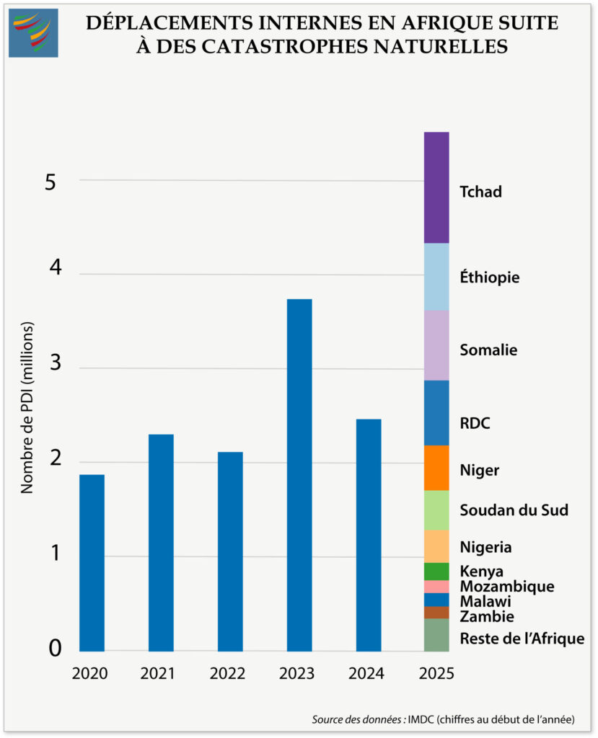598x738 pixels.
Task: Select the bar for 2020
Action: pos(92,562)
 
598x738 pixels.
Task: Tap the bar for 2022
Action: pos(230,551)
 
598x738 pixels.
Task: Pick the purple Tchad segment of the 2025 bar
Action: pos(436,187)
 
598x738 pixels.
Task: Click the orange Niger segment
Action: pos(436,468)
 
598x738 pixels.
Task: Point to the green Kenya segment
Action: pos(436,571)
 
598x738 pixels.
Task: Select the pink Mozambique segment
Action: pos(436,586)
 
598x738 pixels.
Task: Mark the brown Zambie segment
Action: pos(436,612)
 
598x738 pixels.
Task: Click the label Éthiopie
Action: pos(490,277)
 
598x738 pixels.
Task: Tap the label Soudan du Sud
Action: pos(514,510)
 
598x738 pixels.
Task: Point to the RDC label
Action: pos(475,423)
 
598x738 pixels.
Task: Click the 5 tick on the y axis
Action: pos(50,182)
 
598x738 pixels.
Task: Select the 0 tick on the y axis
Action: pos(55,649)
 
